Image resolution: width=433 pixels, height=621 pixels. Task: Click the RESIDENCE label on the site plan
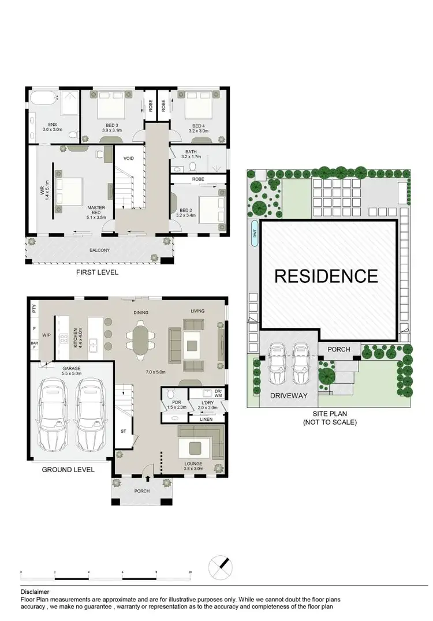click(x=326, y=276)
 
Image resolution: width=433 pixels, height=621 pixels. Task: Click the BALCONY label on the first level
click(x=100, y=250)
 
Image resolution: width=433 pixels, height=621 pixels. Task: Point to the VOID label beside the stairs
click(x=129, y=158)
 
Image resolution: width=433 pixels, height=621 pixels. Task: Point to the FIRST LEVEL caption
click(x=98, y=272)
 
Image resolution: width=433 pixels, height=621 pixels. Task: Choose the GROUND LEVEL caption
click(x=68, y=470)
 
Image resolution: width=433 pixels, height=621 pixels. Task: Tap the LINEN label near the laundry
click(x=205, y=419)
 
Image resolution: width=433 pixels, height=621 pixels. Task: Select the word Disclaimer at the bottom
click(x=35, y=592)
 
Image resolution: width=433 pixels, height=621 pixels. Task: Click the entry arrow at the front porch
click(x=148, y=477)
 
